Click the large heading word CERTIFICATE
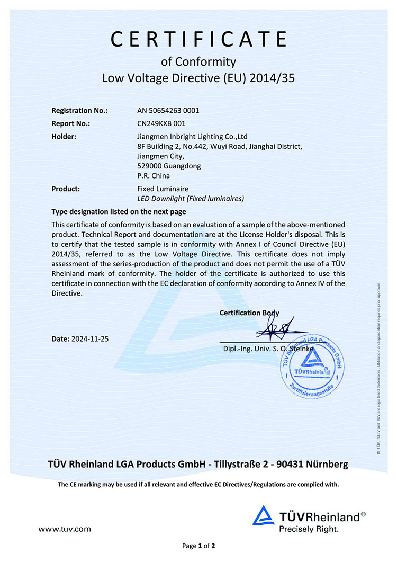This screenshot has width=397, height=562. click(x=198, y=39)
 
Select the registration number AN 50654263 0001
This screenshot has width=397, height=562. click(x=168, y=111)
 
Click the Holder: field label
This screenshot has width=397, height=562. click(x=64, y=137)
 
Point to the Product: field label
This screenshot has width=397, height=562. click(x=66, y=189)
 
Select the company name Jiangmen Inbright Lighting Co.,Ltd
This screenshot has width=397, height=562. click(x=192, y=137)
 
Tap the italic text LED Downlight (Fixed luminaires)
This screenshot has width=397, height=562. click(x=191, y=199)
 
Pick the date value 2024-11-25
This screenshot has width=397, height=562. click(x=89, y=338)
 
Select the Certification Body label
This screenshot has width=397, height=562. click(x=249, y=313)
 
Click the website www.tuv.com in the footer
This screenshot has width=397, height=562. click(x=65, y=528)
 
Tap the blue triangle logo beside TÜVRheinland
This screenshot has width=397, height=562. click(x=263, y=515)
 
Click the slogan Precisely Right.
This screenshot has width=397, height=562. click(x=309, y=528)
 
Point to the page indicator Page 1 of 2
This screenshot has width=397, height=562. click(x=198, y=546)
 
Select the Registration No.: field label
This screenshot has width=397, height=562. click(x=79, y=111)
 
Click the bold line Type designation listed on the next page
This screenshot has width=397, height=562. click(x=119, y=211)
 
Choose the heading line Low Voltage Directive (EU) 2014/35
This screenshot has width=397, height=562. click(x=198, y=79)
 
